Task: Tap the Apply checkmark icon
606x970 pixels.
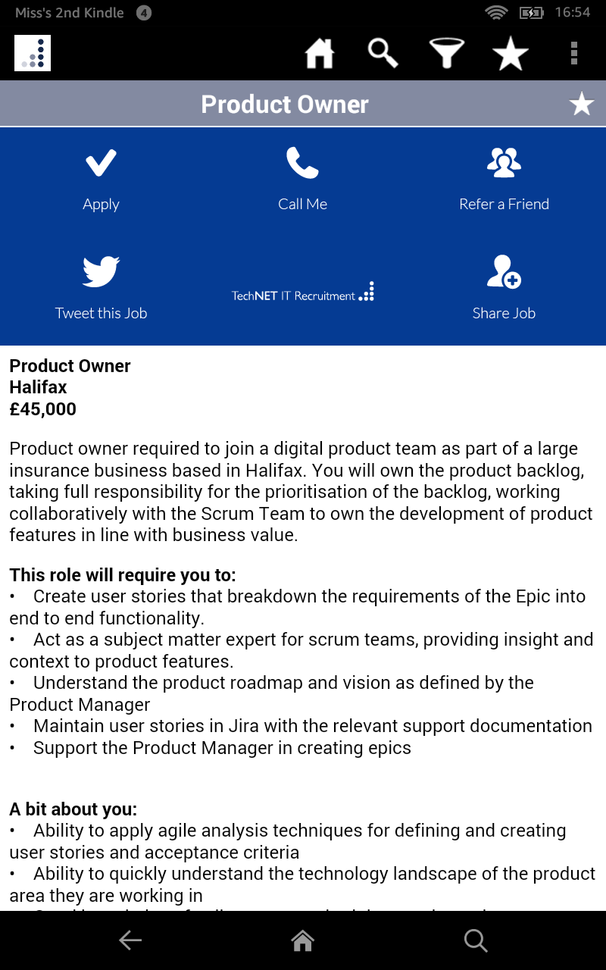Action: (101, 162)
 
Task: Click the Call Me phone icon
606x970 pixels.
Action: (302, 162)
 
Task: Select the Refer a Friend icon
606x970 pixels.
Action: (504, 162)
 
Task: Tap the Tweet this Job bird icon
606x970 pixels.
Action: (101, 271)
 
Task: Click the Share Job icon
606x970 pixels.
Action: (504, 271)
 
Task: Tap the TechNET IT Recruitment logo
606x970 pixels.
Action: (303, 293)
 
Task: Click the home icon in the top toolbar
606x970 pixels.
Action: (319, 54)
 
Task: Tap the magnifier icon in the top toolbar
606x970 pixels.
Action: (383, 54)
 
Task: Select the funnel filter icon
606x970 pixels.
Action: (447, 54)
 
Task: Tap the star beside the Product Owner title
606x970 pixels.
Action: (582, 104)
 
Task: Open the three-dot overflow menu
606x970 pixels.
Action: (574, 54)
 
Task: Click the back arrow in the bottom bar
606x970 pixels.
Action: (130, 940)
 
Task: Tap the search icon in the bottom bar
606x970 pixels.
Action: (476, 940)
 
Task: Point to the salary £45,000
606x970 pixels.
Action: (43, 409)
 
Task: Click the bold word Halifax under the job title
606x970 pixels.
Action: (39, 387)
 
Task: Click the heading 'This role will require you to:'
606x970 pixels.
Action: (123, 574)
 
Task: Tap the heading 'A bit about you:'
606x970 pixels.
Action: (73, 809)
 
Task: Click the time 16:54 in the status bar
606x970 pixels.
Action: (572, 12)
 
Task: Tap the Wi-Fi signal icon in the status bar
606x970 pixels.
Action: (496, 12)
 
